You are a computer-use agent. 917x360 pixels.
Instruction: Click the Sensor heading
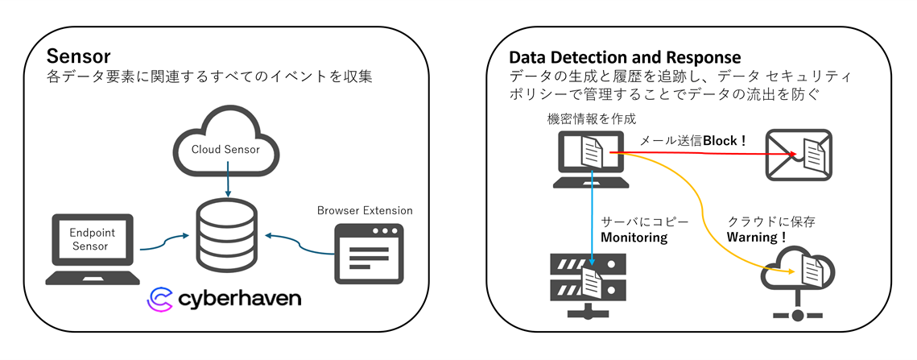(78, 57)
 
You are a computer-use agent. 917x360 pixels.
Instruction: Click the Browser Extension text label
(365, 211)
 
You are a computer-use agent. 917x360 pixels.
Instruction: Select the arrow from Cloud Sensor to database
(229, 186)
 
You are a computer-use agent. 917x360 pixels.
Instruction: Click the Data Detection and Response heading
(625, 58)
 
